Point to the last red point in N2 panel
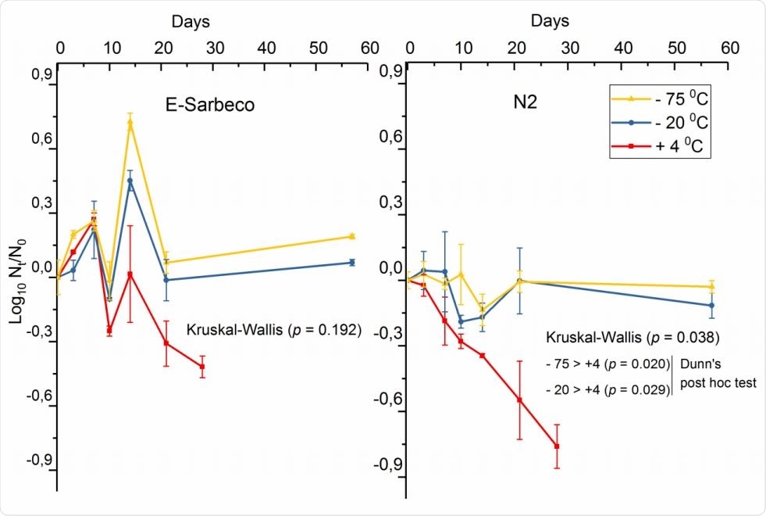[x=557, y=446]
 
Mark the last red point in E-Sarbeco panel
[x=202, y=366]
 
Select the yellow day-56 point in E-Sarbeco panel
[x=352, y=236]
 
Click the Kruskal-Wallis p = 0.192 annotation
[x=274, y=330]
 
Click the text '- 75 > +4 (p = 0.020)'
[x=607, y=364]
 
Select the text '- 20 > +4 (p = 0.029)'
[x=607, y=388]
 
